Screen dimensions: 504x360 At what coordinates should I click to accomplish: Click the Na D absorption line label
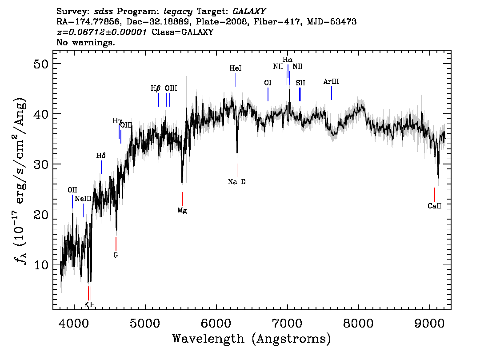(x=236, y=182)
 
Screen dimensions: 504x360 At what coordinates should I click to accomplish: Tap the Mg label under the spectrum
(x=182, y=211)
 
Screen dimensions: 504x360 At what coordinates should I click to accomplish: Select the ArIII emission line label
(x=331, y=82)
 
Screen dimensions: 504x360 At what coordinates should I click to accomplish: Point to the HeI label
(x=235, y=68)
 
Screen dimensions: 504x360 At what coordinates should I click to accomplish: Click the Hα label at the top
(x=288, y=60)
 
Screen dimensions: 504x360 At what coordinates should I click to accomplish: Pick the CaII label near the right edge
(x=435, y=206)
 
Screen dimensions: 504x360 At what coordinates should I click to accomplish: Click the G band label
(x=116, y=255)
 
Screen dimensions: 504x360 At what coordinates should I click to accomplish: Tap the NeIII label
(x=83, y=199)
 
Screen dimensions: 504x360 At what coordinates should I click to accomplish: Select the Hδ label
(x=101, y=156)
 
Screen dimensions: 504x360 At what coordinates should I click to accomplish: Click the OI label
(x=268, y=83)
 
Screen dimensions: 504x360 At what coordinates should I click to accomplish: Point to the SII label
(x=300, y=83)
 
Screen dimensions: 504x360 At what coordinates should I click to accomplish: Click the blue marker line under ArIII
(x=332, y=93)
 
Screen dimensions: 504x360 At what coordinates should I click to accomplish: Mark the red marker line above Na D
(x=237, y=170)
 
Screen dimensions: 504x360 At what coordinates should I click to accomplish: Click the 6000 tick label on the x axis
(x=216, y=324)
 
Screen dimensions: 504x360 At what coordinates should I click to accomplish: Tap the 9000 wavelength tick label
(x=429, y=324)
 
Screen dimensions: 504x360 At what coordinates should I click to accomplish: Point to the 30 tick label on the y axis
(x=41, y=164)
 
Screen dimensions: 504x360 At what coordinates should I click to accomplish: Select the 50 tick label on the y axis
(x=41, y=64)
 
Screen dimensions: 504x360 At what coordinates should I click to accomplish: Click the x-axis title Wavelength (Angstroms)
(x=252, y=339)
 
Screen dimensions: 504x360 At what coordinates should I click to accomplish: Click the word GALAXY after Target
(x=249, y=12)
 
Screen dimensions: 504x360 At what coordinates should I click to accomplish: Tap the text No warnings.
(x=85, y=42)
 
